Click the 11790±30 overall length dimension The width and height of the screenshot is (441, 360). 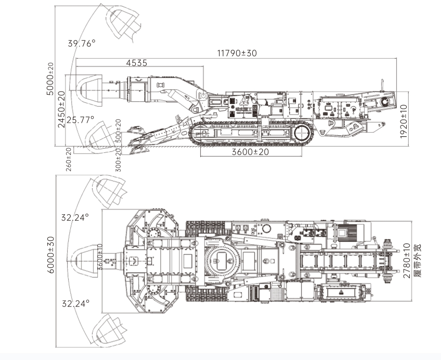[237, 53]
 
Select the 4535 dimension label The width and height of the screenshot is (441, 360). [136, 63]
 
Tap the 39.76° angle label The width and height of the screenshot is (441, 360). [82, 43]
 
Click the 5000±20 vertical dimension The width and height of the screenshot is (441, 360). [50, 79]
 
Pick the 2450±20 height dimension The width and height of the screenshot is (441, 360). [61, 109]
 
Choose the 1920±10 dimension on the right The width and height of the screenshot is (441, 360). [404, 122]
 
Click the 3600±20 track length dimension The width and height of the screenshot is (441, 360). [250, 152]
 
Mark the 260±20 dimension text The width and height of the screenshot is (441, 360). [69, 160]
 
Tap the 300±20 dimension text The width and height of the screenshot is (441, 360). [119, 160]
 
